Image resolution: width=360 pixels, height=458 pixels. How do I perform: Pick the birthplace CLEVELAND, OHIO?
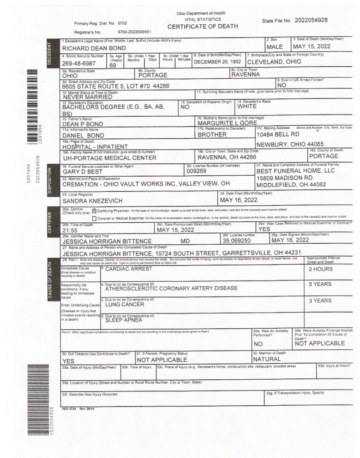click(x=274, y=62)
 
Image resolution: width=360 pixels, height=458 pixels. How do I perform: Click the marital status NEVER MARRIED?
click(x=88, y=96)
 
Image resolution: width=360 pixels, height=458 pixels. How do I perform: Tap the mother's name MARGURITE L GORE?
click(x=228, y=123)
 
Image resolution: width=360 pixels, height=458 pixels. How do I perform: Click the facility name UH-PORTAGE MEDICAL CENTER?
click(x=109, y=158)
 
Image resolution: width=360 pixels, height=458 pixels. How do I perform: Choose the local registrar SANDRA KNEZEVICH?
click(x=92, y=201)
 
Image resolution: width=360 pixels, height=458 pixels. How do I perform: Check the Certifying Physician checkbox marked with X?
click(x=94, y=210)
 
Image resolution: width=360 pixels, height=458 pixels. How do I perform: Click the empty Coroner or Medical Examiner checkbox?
click(x=94, y=218)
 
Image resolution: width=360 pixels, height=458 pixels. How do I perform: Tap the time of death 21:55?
click(x=70, y=231)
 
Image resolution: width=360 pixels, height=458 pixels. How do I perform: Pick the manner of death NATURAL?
click(x=269, y=359)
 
